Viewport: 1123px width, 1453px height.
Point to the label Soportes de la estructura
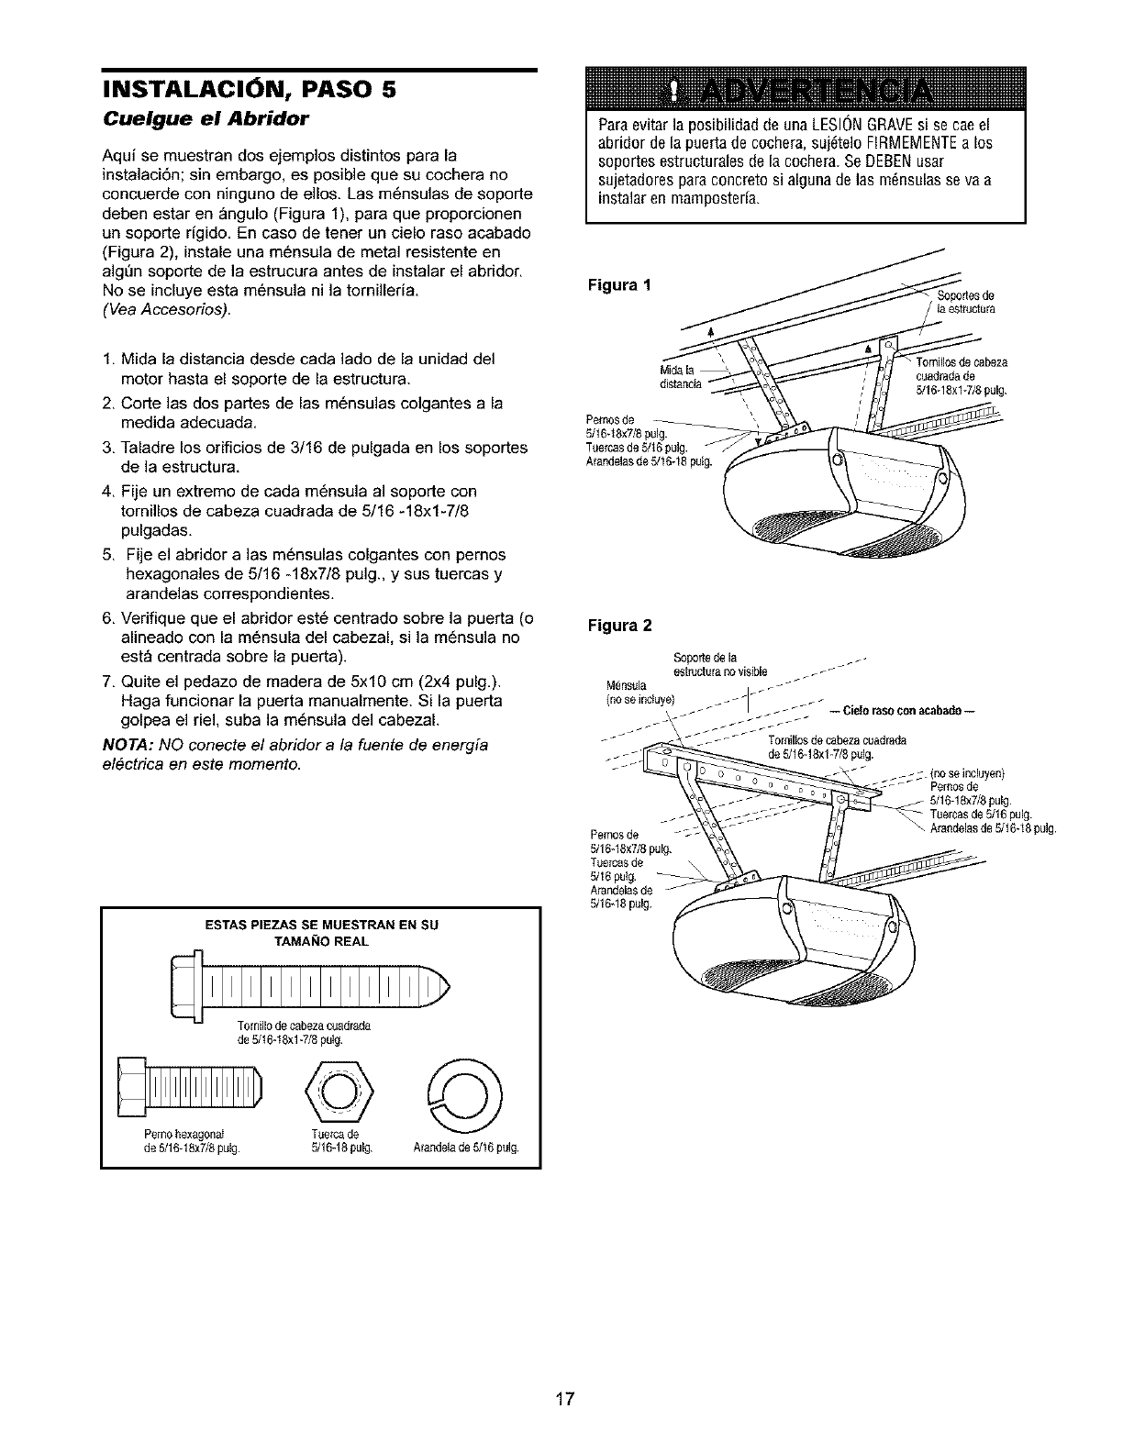click(966, 302)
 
